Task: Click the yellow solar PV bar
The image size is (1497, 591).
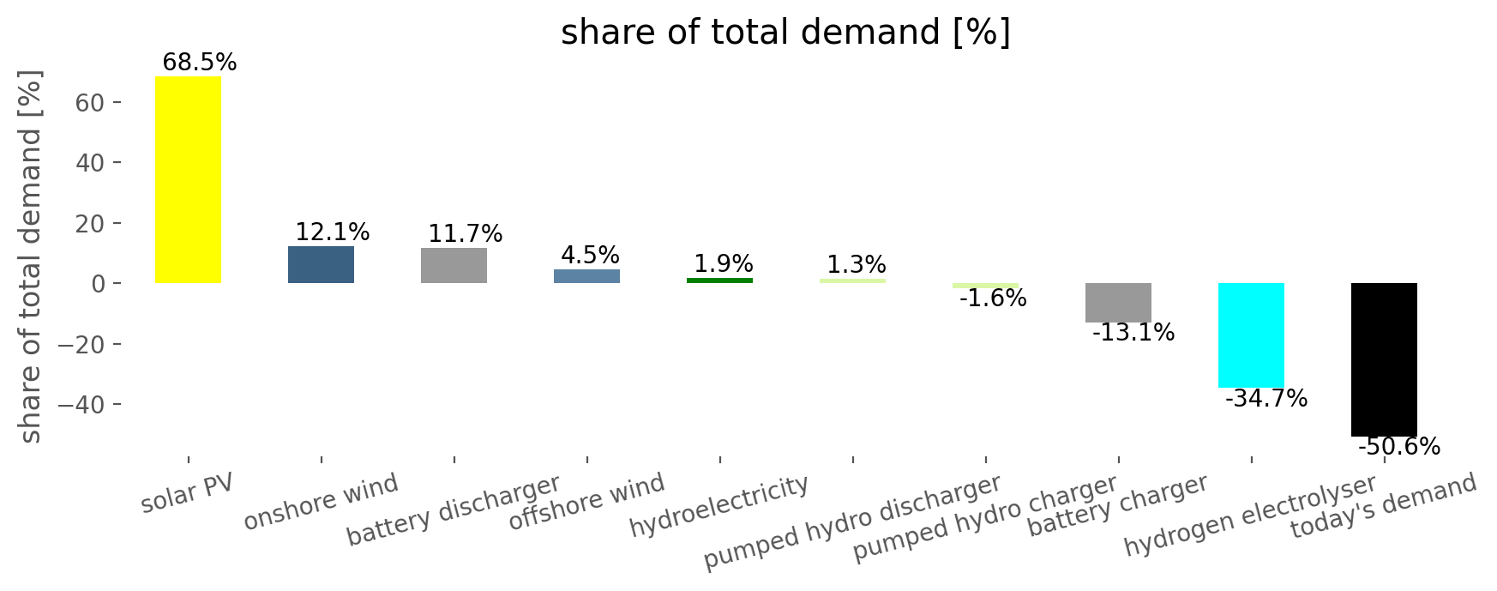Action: pos(188,179)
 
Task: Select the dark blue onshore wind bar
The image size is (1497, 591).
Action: pos(321,264)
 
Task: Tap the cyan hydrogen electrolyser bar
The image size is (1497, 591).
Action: pos(1251,335)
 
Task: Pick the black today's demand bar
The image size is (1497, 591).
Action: pos(1384,359)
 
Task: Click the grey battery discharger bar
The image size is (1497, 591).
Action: pos(454,265)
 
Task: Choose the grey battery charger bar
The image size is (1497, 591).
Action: pos(1118,303)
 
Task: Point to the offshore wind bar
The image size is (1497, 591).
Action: pos(586,276)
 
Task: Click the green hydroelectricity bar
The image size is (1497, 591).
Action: pos(719,280)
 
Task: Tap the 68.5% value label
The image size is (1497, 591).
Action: pos(199,63)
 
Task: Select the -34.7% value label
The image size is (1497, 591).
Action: pos(1266,399)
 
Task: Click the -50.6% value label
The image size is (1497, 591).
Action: pos(1399,447)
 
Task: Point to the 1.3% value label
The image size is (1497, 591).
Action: pos(857,265)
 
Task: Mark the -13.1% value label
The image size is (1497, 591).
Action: pos(1133,333)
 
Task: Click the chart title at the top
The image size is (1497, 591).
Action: pos(786,33)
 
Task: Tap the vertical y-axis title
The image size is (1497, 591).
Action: pos(31,257)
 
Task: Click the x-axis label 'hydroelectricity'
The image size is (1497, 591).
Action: pos(719,506)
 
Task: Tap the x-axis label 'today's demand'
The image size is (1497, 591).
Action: pos(1384,506)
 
